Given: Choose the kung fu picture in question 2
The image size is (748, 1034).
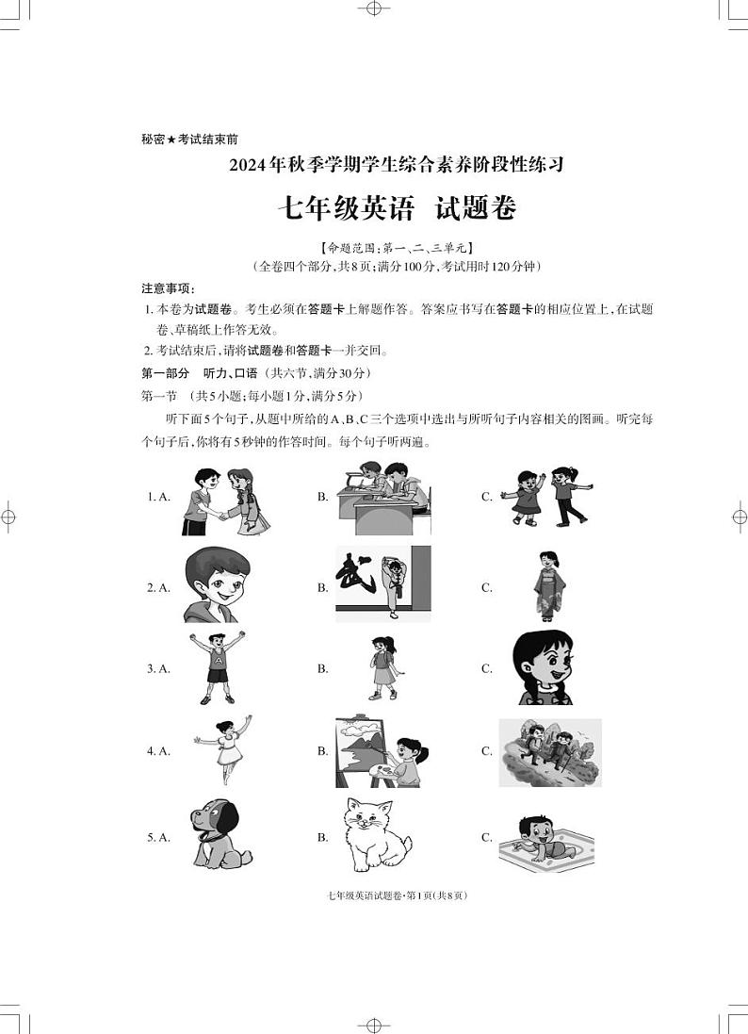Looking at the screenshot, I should (x=382, y=583).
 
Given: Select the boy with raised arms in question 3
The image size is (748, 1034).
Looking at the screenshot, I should (x=217, y=667).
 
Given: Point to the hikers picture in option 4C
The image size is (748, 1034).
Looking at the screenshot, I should (x=550, y=752).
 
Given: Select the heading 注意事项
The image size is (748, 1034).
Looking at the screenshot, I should (x=168, y=287).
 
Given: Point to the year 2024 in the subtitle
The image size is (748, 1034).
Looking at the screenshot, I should (x=248, y=165).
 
